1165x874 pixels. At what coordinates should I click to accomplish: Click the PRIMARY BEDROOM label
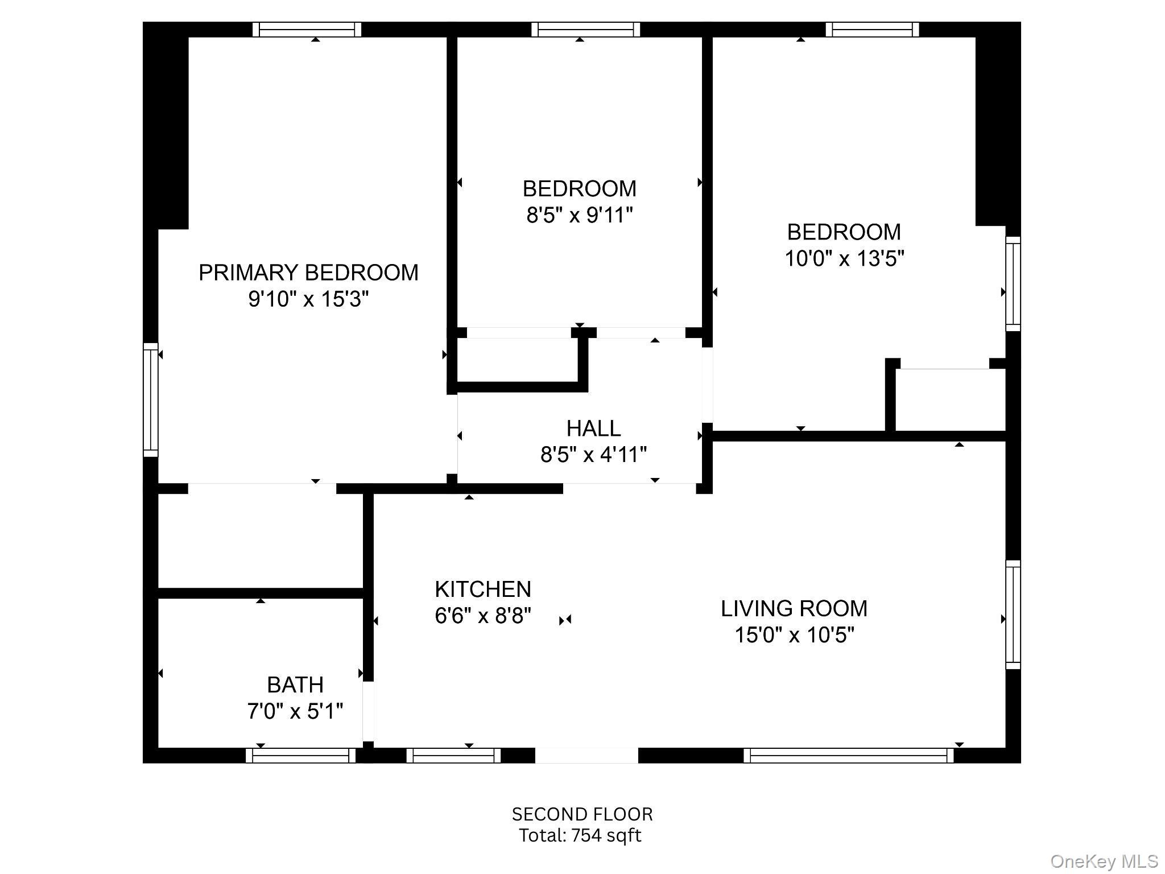point(308,273)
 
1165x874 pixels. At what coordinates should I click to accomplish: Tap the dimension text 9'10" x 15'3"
point(308,299)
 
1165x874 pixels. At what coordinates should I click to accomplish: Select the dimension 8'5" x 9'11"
point(579,215)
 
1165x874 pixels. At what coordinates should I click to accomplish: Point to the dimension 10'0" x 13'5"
point(844,258)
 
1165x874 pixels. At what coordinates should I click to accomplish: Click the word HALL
point(593,428)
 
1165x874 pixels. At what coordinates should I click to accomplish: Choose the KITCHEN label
point(483,589)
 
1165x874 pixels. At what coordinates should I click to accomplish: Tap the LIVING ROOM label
point(794,608)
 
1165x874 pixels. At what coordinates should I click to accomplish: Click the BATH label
point(295,685)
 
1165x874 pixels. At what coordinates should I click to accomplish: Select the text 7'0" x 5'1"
point(295,711)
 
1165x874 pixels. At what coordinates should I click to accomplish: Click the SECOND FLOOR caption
point(582,814)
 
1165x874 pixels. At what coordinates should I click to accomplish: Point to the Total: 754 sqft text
point(580,835)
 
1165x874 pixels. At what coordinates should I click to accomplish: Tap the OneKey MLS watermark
point(1104,861)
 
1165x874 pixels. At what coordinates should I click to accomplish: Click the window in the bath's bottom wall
point(300,756)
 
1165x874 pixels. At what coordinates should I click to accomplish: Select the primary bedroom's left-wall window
point(150,399)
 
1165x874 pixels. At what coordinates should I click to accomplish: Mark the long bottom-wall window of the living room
point(848,756)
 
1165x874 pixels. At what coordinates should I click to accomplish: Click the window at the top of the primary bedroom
point(307,30)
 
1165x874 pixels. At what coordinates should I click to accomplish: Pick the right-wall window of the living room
point(1013,615)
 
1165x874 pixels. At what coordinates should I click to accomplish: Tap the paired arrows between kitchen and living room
point(565,620)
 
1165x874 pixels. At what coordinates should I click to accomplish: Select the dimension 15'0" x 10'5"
point(794,634)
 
